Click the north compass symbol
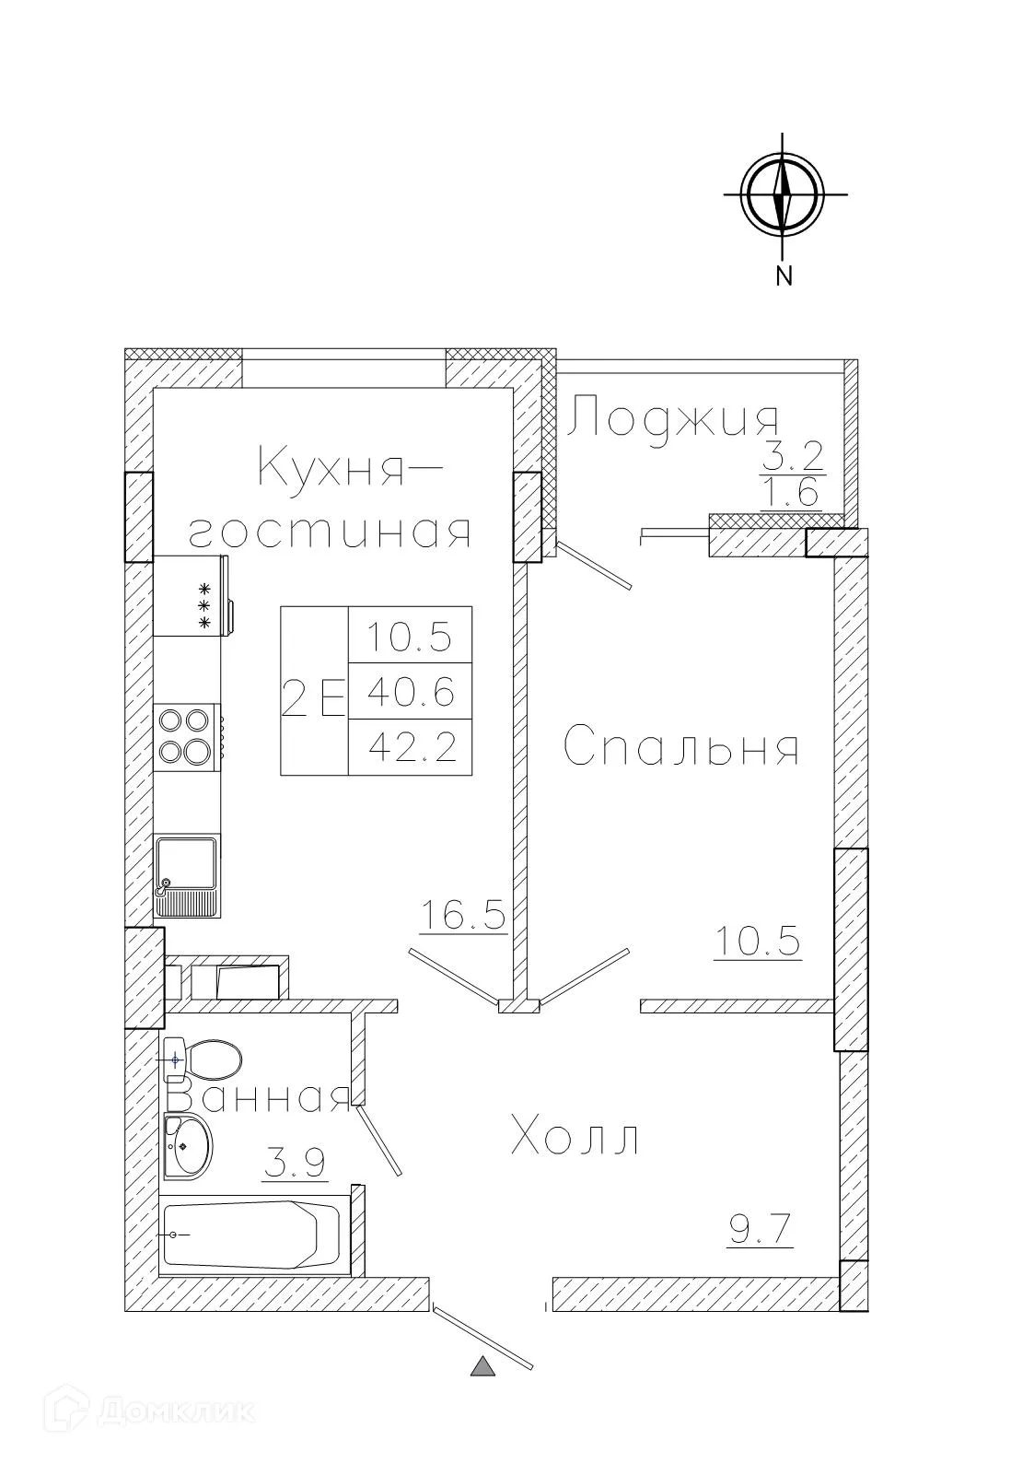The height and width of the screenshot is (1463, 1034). (784, 194)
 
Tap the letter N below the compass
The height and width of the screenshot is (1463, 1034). (784, 275)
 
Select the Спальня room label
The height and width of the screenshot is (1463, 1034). (680, 748)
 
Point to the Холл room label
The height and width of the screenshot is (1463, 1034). (575, 1137)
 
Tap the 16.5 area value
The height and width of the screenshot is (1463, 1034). (463, 916)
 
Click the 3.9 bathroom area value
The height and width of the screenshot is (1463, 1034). (295, 1165)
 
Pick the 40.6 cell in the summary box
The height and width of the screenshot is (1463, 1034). (411, 691)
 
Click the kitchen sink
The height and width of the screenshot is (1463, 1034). (187, 875)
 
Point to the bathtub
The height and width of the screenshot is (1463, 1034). (253, 1235)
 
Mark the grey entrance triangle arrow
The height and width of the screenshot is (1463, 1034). (483, 1366)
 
